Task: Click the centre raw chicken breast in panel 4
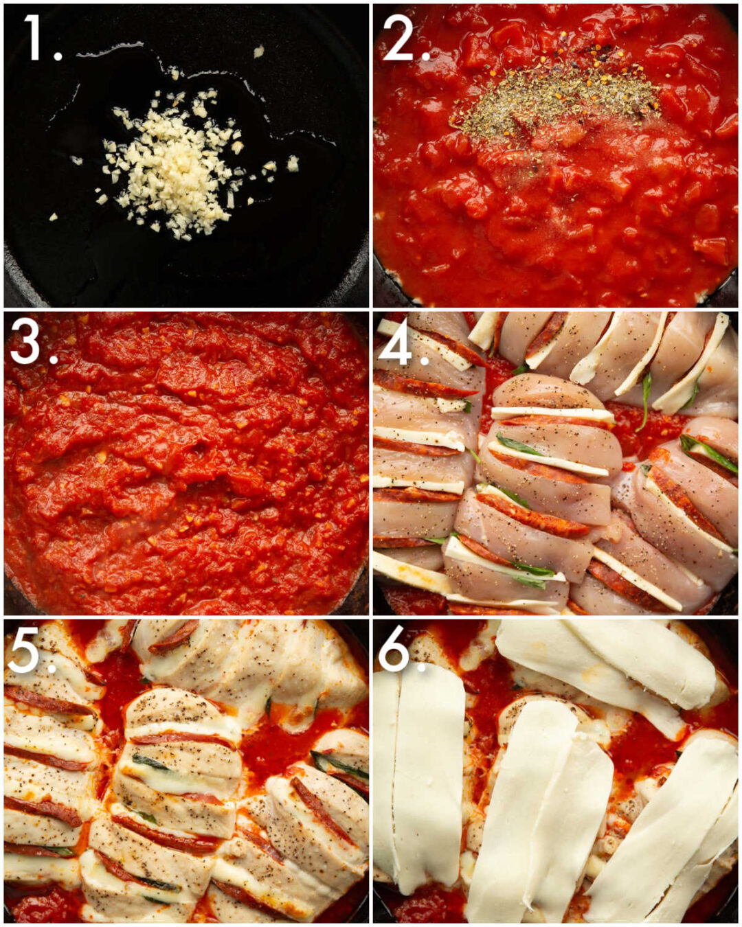(x=550, y=474)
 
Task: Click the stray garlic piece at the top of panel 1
(x=258, y=51)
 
